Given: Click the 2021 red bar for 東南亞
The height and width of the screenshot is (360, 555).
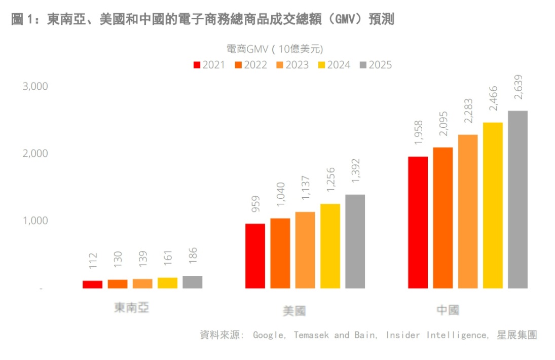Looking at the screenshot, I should (x=92, y=284).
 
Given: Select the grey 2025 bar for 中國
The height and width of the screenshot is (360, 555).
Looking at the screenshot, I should (x=517, y=200).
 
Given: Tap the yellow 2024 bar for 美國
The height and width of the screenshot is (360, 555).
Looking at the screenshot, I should (x=330, y=246).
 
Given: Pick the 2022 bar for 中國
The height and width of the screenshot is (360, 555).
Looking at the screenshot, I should (x=442, y=218).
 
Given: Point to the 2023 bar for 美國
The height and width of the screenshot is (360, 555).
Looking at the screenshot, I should (x=305, y=250).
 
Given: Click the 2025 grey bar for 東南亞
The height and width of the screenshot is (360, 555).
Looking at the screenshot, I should (x=193, y=282).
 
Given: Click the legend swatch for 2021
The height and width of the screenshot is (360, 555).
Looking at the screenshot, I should (x=197, y=65).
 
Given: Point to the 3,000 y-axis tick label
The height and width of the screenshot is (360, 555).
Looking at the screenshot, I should (x=35, y=86).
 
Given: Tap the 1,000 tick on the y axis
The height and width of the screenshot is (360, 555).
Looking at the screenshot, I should (x=35, y=221).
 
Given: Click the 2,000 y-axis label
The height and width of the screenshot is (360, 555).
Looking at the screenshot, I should (x=35, y=154).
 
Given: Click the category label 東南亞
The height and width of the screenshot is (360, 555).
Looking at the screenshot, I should (x=132, y=308).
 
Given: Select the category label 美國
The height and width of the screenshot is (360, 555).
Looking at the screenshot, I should (x=294, y=310).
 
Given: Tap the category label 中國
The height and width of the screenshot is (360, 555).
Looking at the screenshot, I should (x=448, y=310).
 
